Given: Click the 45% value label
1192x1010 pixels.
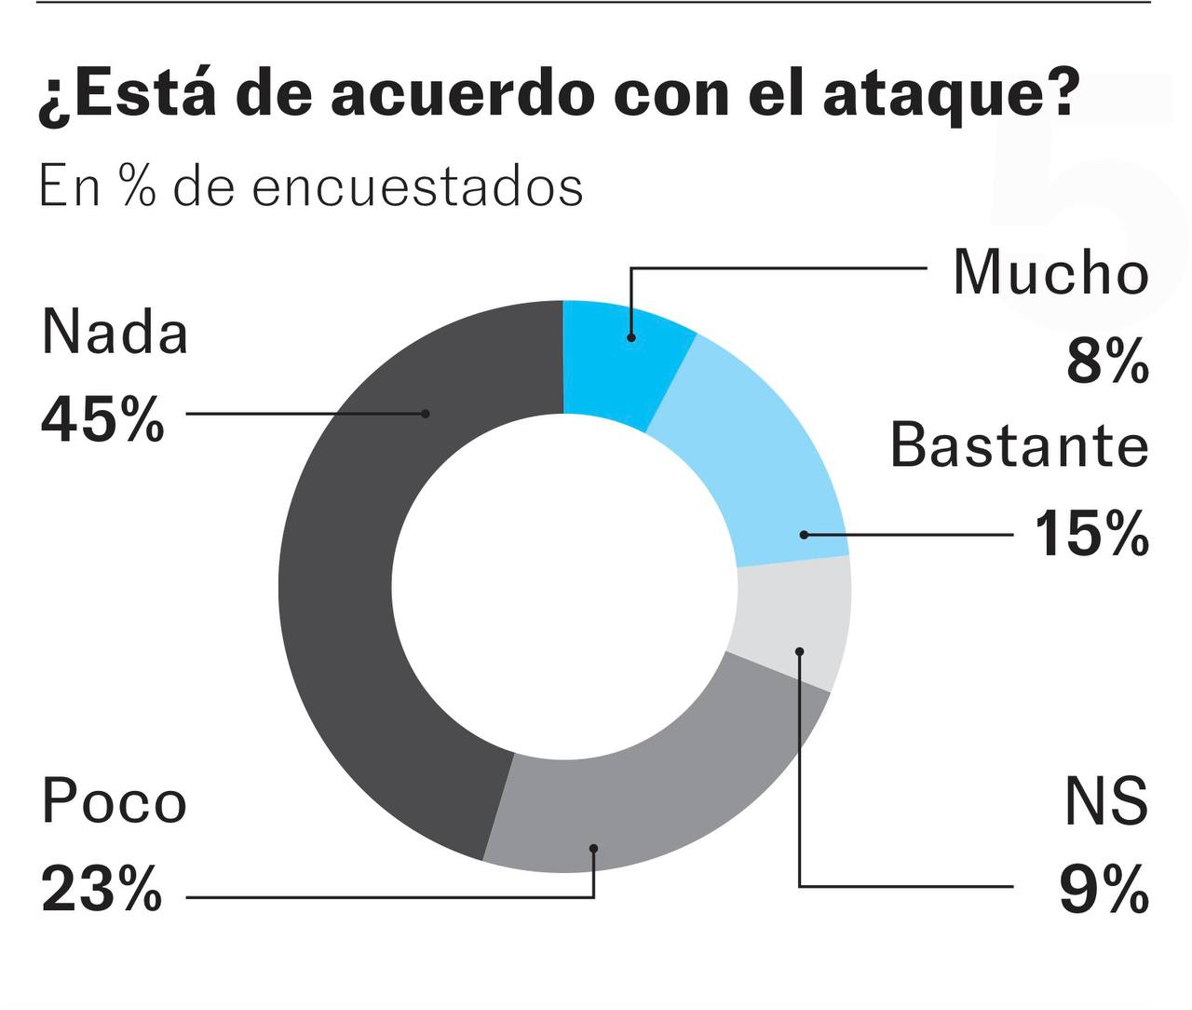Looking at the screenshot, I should click(x=102, y=419).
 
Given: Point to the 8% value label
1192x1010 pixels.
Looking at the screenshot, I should click(x=1107, y=361).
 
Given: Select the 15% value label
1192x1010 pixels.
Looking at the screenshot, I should click(x=1091, y=534).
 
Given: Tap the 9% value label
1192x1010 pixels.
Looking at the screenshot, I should click(x=1104, y=891).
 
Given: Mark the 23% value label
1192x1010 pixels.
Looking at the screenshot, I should click(x=102, y=890).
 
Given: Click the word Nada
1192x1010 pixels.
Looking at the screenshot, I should click(x=115, y=332).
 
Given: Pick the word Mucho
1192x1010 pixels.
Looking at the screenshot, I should click(x=1050, y=273).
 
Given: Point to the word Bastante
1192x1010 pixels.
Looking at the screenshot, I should click(x=1019, y=445).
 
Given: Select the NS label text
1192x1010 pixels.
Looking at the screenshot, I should click(x=1106, y=801).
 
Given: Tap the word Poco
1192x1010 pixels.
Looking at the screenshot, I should click(x=114, y=802).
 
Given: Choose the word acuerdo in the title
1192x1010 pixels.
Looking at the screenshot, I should click(x=461, y=95).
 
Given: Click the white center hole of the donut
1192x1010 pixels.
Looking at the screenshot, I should click(x=564, y=587).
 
